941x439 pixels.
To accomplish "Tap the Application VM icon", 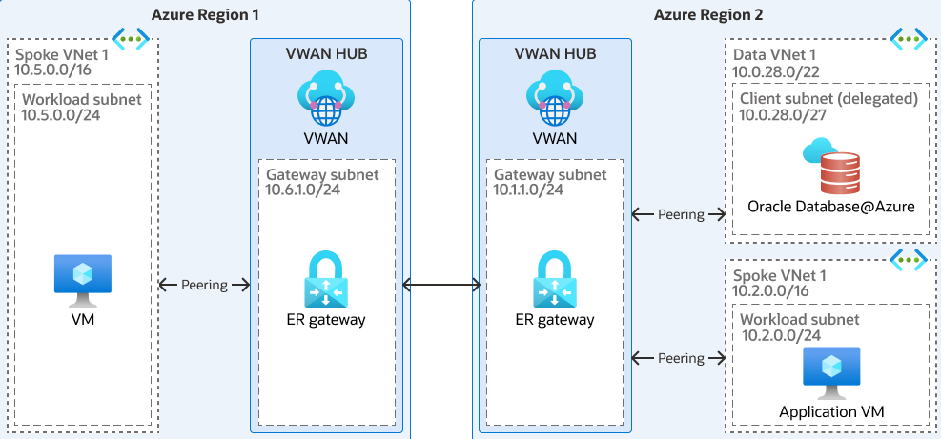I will (831, 372).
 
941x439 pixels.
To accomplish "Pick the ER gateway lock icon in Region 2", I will (556, 278).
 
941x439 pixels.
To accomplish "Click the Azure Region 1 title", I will (205, 14).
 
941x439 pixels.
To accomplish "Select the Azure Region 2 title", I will (707, 14).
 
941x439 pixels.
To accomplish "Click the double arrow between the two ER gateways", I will (441, 285).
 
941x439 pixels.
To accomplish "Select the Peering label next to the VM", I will (205, 285).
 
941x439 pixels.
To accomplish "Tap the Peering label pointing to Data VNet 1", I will (681, 214).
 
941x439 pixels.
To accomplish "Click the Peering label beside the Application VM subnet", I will (681, 358).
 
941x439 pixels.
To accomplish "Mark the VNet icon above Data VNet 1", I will (908, 38).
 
